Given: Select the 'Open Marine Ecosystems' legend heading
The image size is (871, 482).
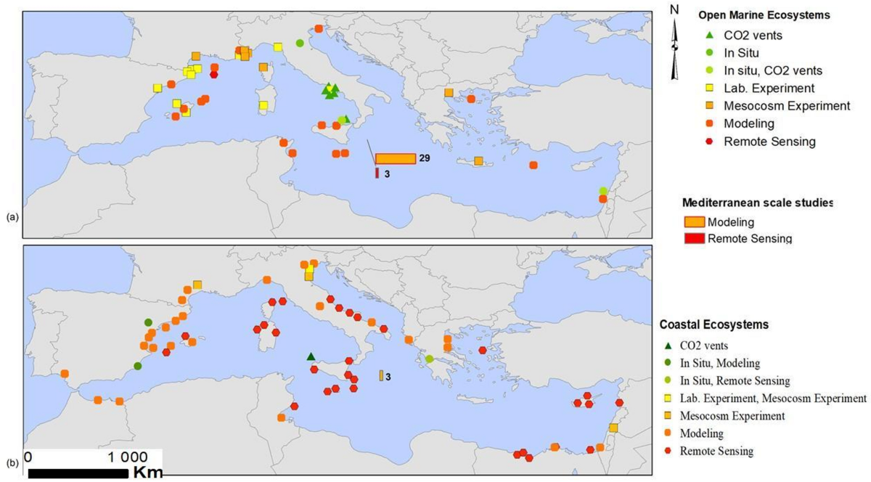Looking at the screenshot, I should point(764,15).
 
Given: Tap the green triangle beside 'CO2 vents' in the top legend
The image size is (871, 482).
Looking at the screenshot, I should point(711,33).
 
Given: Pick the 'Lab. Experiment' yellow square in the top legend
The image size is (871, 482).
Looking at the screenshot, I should point(711,89).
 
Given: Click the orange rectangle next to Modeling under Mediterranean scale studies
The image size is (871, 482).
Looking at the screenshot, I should point(695,221).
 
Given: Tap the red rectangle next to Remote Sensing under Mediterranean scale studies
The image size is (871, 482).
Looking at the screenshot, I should point(695,238).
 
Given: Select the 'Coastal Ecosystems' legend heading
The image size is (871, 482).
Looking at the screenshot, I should point(713,324).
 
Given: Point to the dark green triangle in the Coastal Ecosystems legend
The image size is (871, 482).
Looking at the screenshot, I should point(668,346).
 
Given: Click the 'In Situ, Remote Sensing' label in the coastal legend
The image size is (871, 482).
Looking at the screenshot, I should point(735,380).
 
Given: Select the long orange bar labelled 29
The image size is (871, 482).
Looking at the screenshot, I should point(396,159).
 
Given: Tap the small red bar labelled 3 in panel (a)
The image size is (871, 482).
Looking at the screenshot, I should point(377,173).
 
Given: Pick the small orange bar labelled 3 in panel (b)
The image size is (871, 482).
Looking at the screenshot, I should point(381,375).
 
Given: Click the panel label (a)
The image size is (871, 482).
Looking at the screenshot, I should point(12,216).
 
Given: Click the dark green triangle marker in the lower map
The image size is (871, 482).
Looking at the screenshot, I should point(311,356).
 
